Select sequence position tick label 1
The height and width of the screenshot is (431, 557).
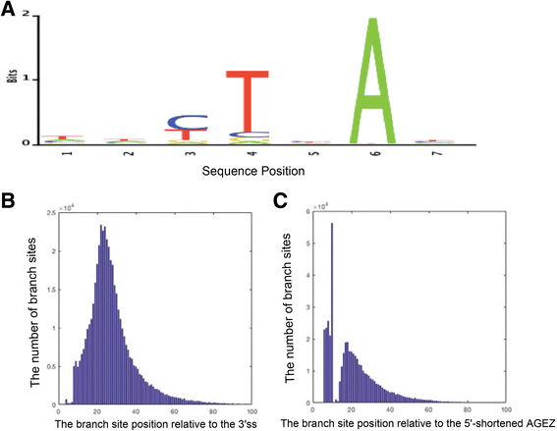(x=62, y=153)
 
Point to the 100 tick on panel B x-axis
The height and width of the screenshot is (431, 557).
(x=252, y=409)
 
